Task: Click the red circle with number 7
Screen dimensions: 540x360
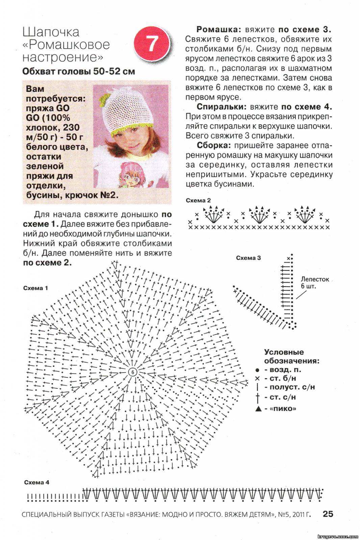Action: tap(152, 44)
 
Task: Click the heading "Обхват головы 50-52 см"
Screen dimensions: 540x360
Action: tap(79, 72)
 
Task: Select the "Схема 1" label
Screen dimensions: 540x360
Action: tap(35, 288)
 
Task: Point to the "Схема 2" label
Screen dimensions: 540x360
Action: tap(198, 200)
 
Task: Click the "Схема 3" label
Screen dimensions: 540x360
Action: tap(248, 258)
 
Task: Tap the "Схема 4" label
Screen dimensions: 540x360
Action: tap(36, 482)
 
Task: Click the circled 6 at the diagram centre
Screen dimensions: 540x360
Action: tap(133, 372)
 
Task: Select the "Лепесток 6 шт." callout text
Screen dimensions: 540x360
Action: tap(314, 282)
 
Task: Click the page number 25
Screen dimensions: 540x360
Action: tap(328, 514)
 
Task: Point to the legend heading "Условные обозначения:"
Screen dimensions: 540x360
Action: tap(291, 356)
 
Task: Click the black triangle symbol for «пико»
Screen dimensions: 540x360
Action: tap(258, 409)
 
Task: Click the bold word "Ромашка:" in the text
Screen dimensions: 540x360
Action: tap(218, 29)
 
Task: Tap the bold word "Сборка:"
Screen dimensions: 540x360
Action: tap(214, 145)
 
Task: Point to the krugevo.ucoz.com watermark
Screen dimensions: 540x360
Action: tap(338, 536)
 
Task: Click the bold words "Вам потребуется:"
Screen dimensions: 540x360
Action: tap(55, 93)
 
